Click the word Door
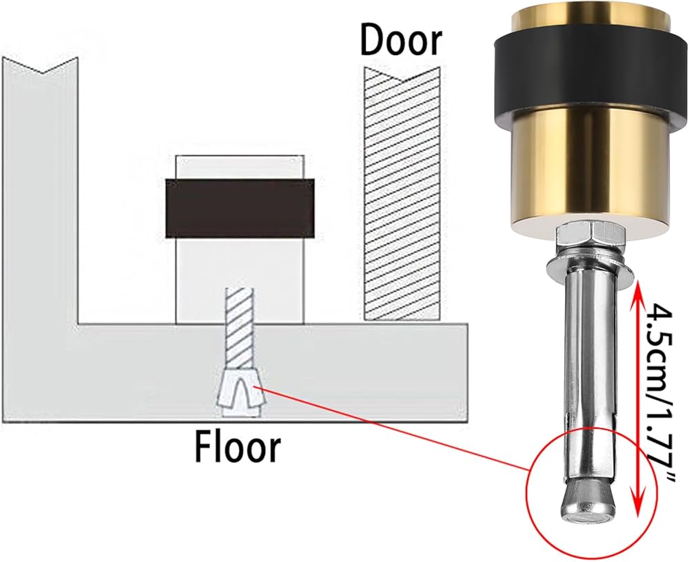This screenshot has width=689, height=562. pyautogui.click(x=401, y=41)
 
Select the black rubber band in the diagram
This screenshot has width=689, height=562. pyautogui.click(x=240, y=208)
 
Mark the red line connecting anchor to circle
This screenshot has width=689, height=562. pyautogui.click(x=393, y=434)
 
